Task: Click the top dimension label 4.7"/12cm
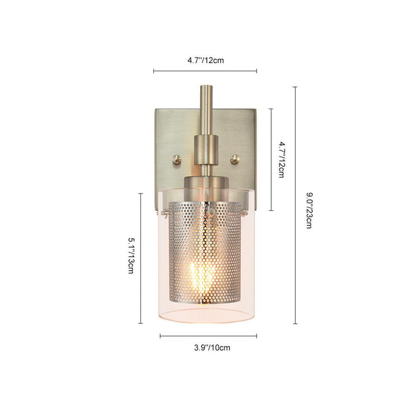point(206,60)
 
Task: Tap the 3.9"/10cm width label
point(212,347)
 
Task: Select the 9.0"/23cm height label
point(309,210)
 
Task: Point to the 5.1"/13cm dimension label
point(131,256)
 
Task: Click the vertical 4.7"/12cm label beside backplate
point(282,159)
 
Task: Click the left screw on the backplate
point(178,159)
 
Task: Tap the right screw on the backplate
point(235,159)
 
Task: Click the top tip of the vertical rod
point(207,86)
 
